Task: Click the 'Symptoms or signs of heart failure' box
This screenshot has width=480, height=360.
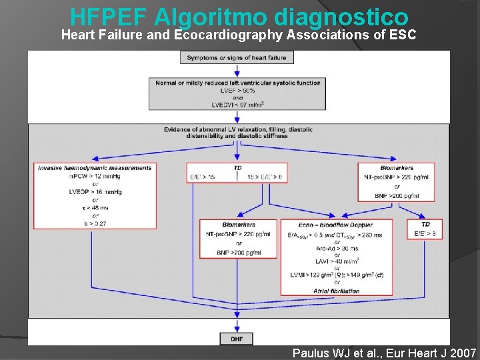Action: click(237, 58)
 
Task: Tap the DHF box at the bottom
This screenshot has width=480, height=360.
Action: click(237, 339)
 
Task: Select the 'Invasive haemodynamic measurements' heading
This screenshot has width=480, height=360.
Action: click(95, 167)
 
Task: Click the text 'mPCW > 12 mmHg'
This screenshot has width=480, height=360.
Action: click(94, 176)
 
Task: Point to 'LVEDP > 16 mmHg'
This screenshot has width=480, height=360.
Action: click(95, 191)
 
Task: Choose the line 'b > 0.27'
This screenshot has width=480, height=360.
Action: click(95, 223)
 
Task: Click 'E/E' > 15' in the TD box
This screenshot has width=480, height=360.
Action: click(203, 177)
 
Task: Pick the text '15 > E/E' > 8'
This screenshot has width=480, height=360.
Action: click(265, 177)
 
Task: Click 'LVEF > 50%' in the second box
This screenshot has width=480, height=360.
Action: click(238, 91)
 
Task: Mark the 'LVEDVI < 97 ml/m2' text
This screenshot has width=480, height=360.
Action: click(238, 105)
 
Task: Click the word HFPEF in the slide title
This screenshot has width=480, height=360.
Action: click(108, 15)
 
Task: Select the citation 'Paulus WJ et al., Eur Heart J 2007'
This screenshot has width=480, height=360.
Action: click(384, 353)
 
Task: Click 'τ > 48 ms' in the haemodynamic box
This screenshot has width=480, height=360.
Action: click(95, 207)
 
